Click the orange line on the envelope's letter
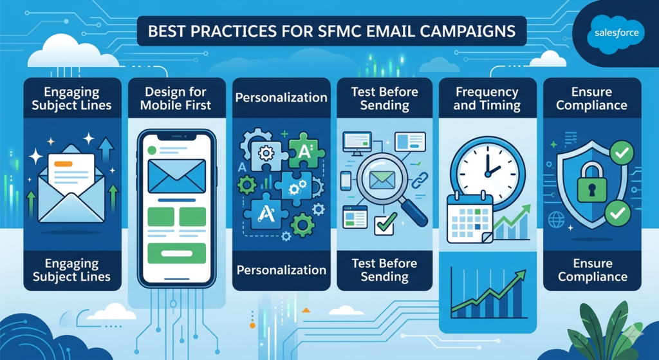coord(62,164)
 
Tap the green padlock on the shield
coord(591,187)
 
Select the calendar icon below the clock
coord(470,216)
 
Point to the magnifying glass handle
coord(417,214)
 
